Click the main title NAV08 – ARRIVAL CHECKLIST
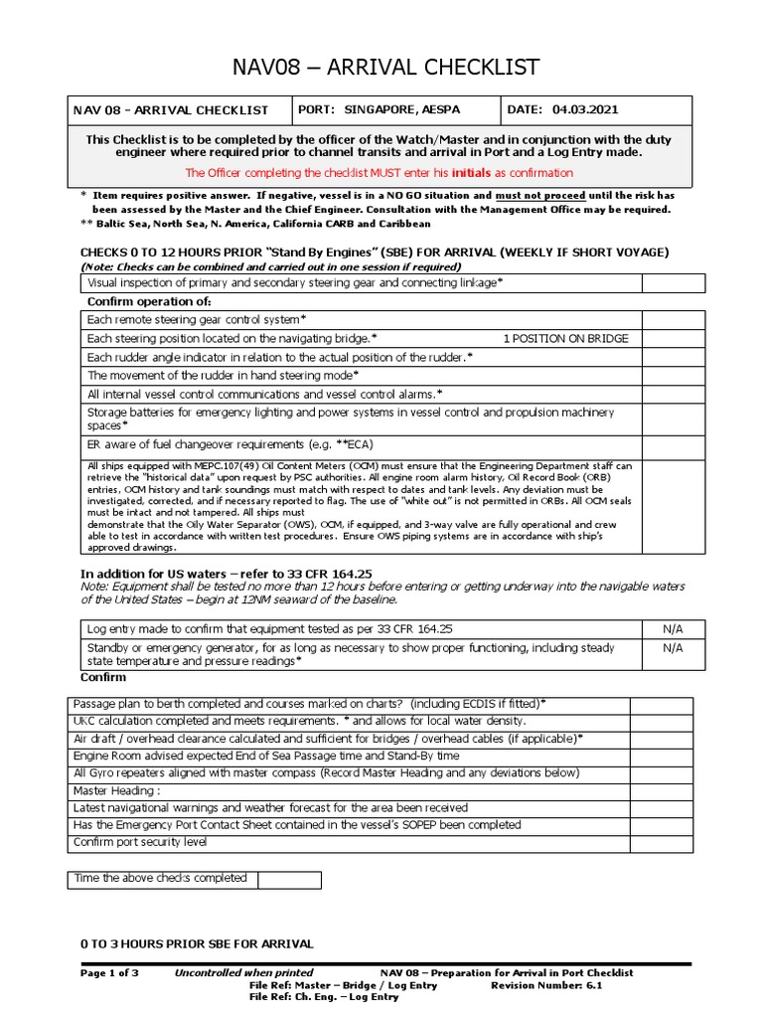381,67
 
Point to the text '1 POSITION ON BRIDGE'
565,339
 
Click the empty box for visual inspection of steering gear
673,283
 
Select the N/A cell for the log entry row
673,629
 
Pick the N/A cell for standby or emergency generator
673,647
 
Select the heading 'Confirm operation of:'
149,301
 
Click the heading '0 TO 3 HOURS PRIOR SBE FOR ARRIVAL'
197,942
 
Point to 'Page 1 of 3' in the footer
109,972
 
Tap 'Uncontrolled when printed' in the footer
243,972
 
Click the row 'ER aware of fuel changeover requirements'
229,444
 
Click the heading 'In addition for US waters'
226,574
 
